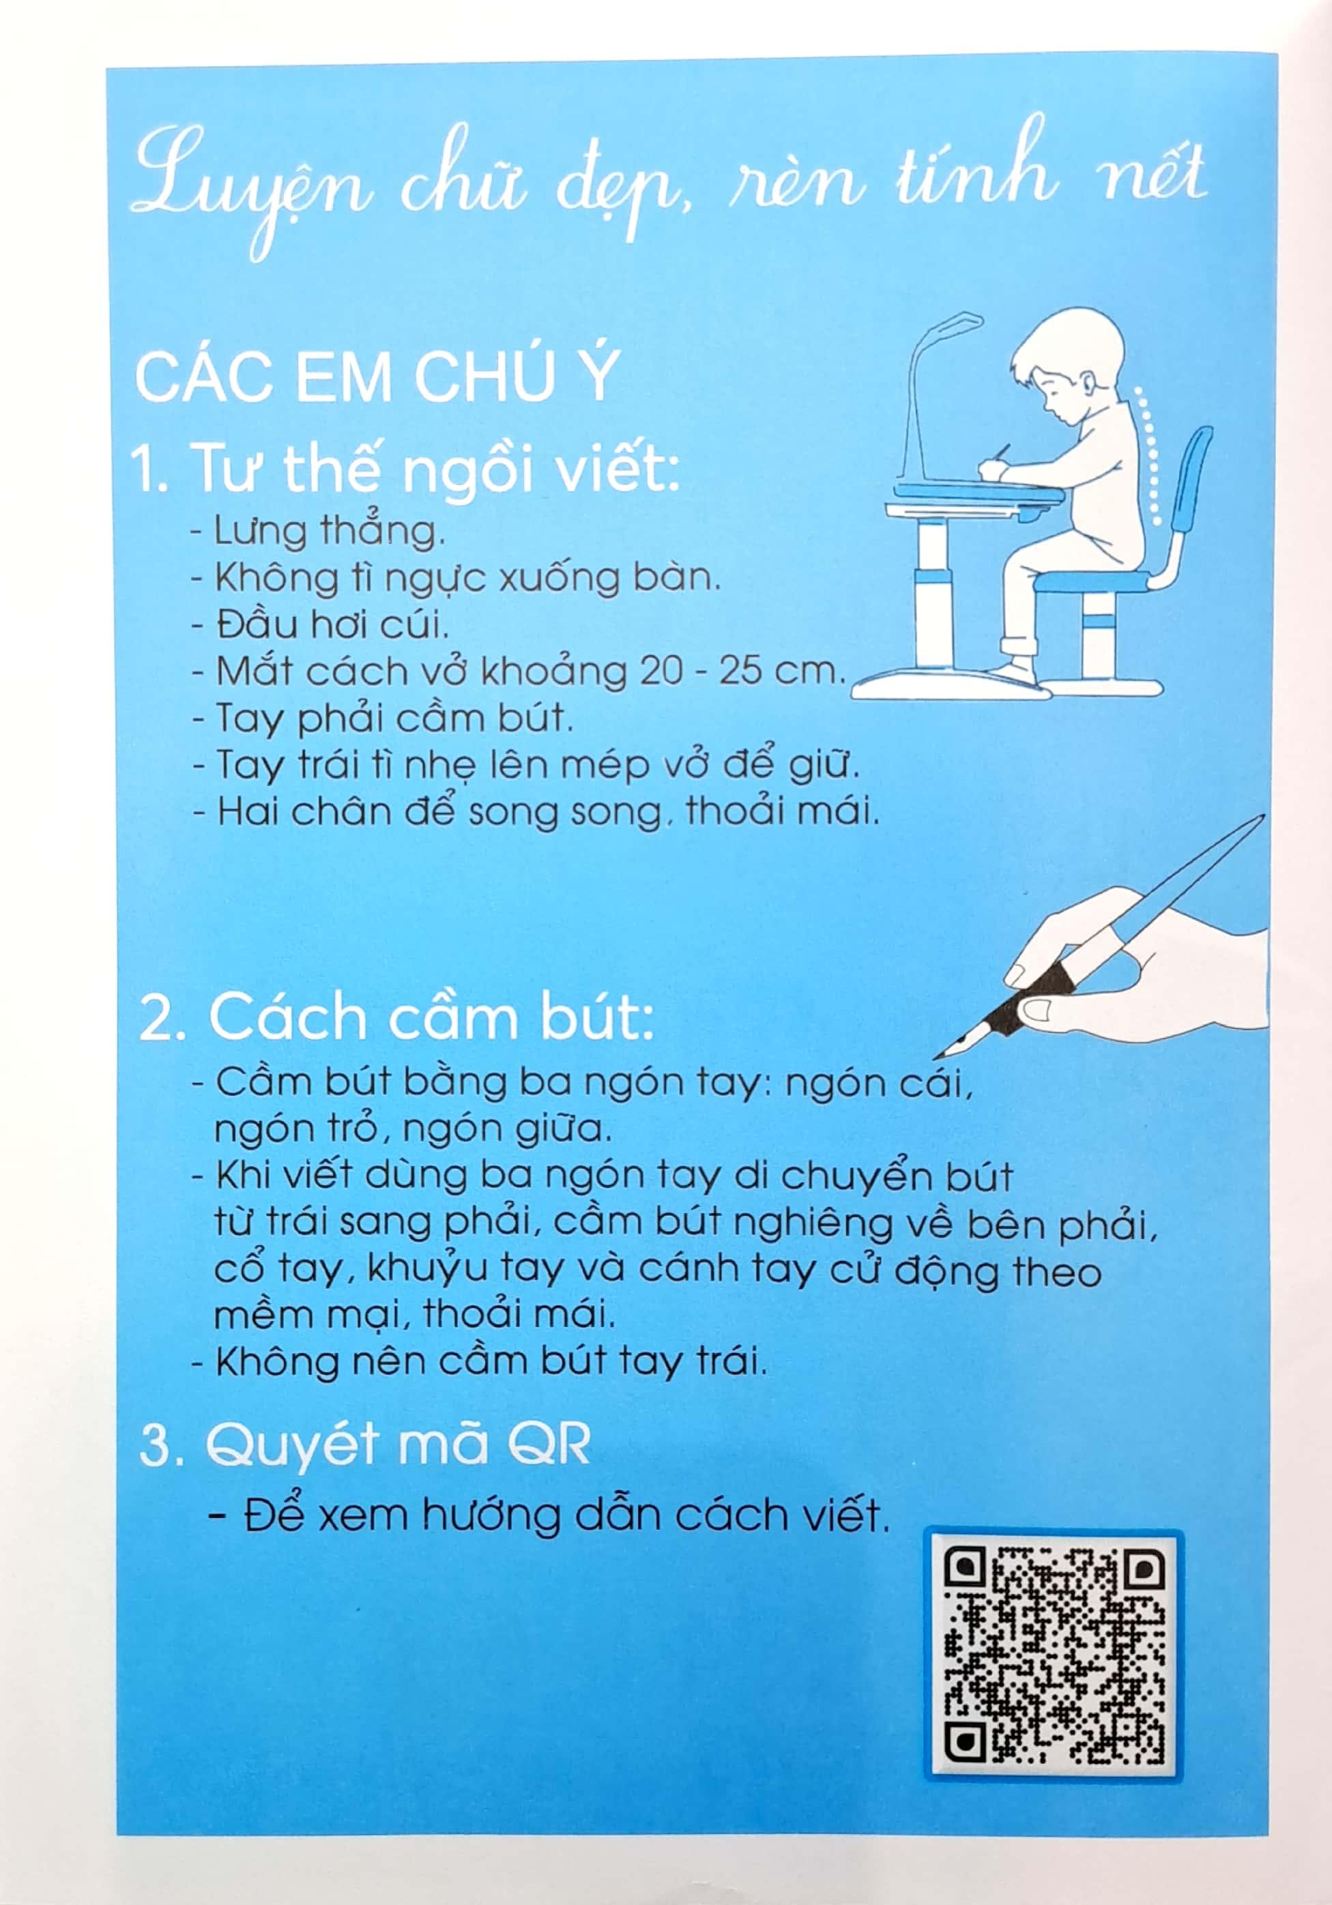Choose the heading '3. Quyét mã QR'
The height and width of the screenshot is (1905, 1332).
365,1448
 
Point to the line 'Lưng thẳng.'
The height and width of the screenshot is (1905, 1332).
319,531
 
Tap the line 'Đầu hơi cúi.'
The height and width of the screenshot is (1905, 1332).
320,623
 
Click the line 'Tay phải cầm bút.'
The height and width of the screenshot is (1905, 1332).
383,718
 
